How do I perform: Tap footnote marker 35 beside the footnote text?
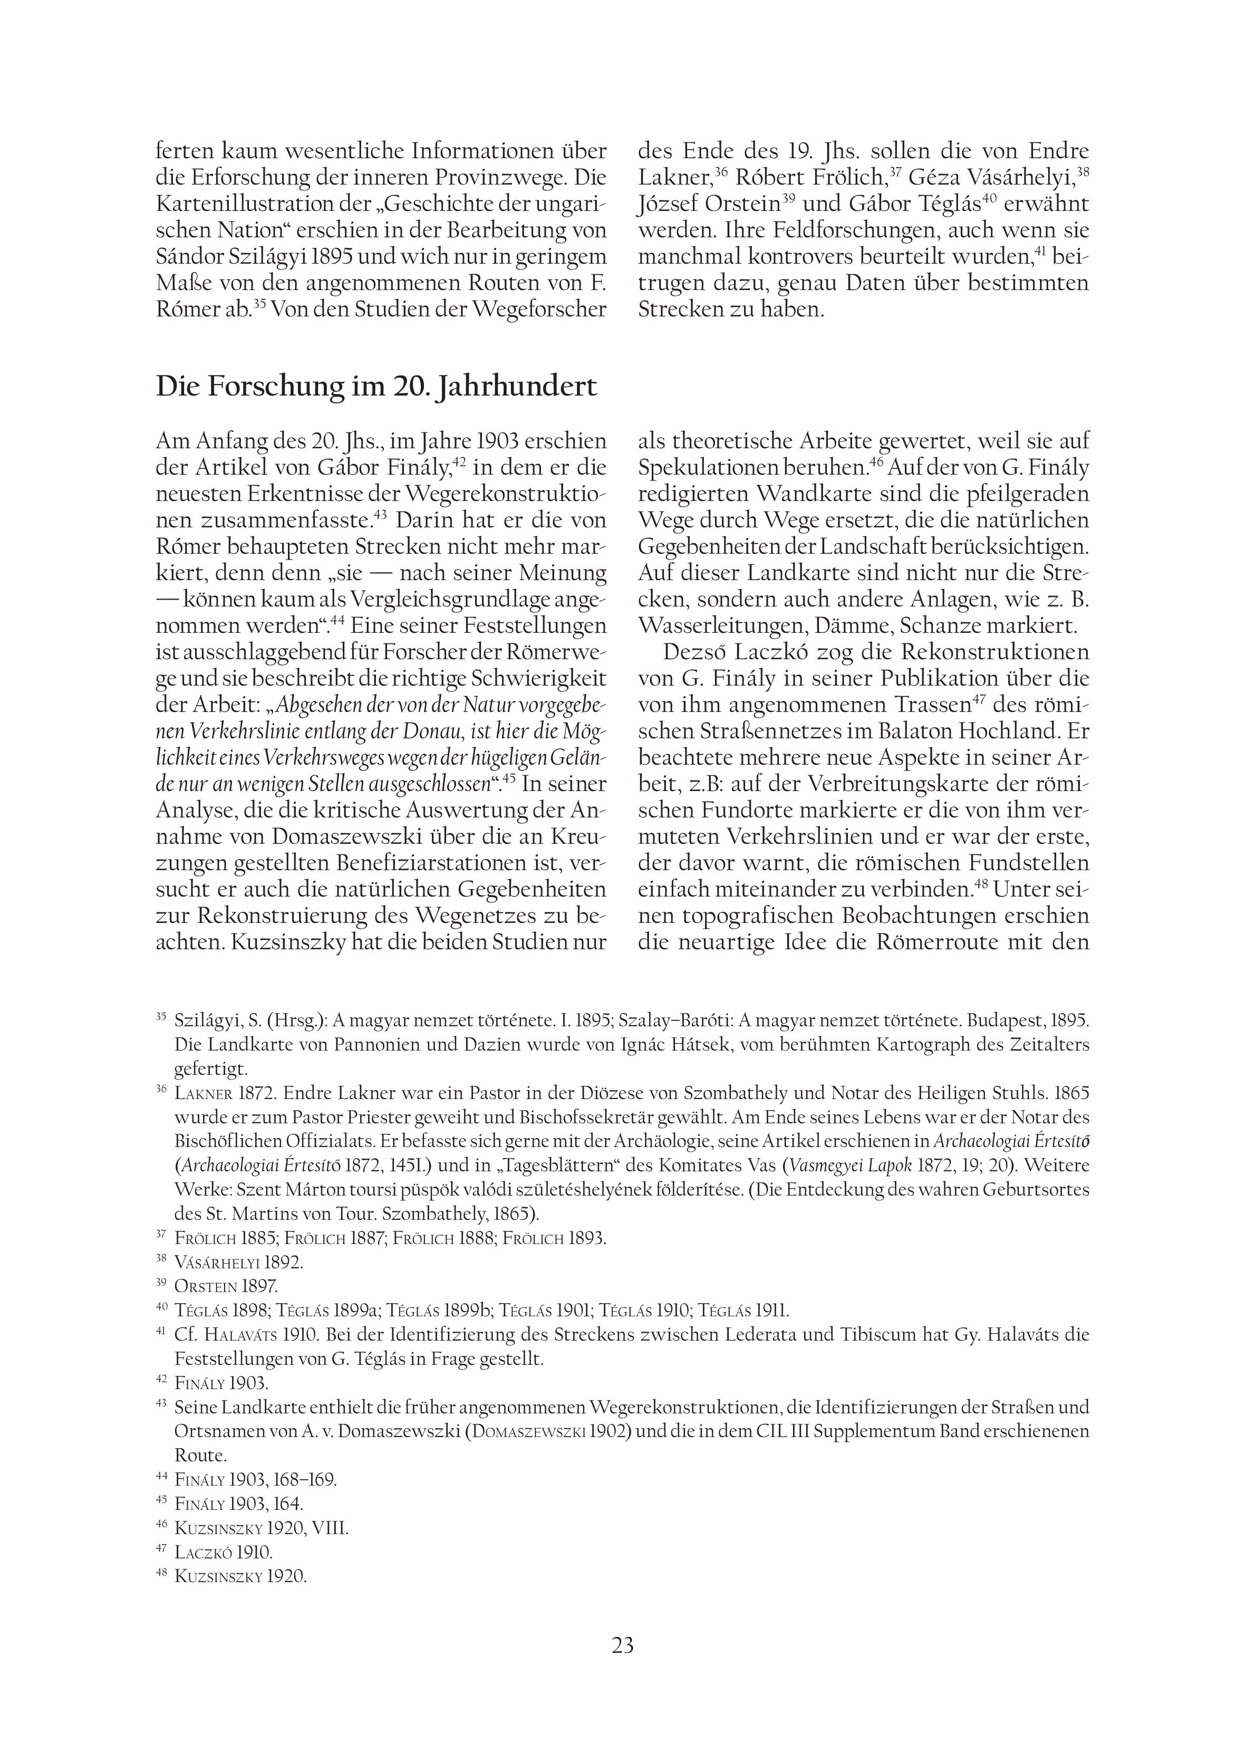coord(161,1017)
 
